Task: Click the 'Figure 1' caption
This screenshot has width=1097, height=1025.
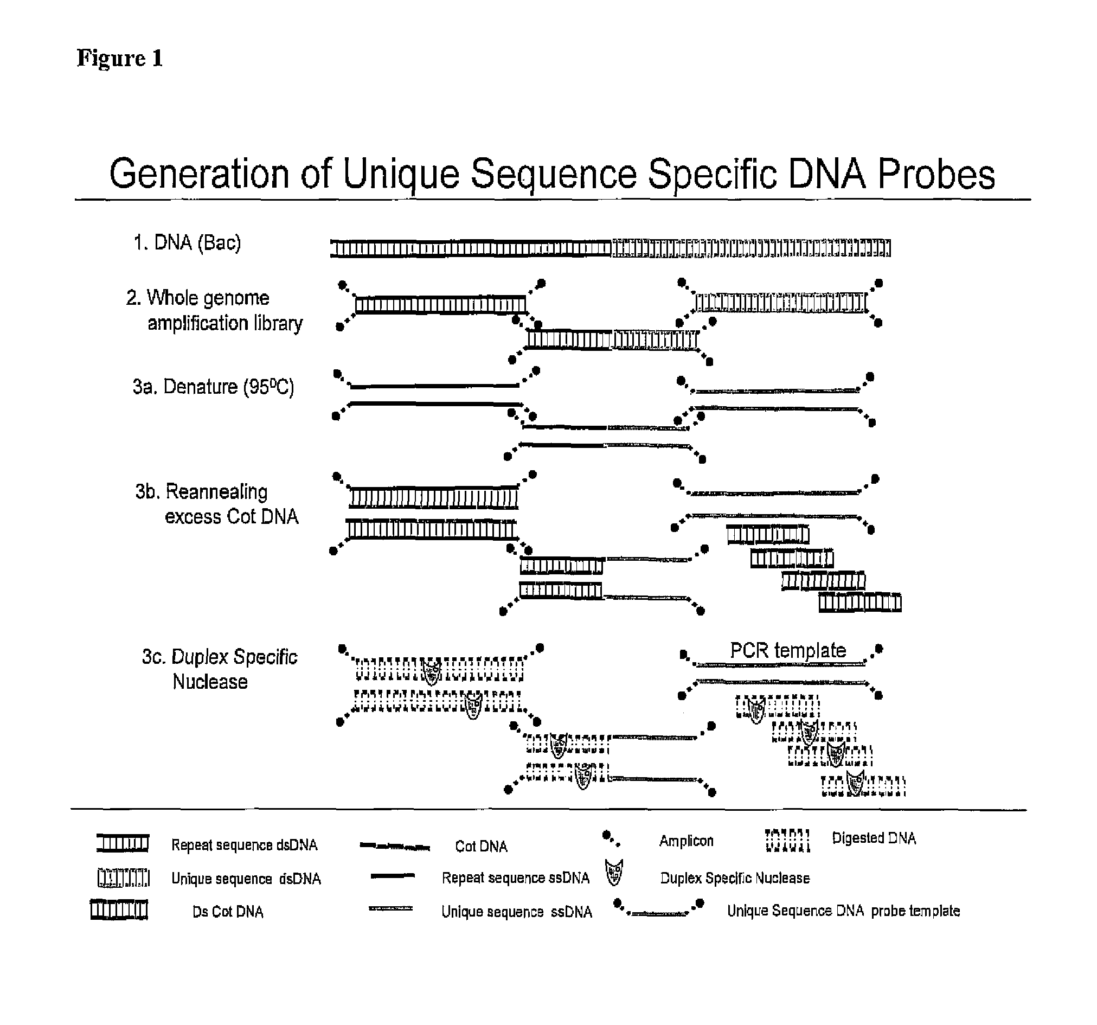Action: (120, 58)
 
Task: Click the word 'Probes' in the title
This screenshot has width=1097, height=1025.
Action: (936, 175)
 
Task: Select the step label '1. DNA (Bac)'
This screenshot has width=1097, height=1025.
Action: (187, 243)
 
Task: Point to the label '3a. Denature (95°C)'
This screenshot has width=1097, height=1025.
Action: (213, 387)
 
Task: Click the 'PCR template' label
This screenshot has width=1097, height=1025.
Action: (787, 650)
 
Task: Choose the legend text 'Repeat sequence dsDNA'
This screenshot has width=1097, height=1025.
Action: (244, 845)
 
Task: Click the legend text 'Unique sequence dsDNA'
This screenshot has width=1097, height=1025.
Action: (246, 879)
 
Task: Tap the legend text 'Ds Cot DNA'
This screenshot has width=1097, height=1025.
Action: (227, 912)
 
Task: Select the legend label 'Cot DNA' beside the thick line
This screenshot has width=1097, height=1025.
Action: (480, 846)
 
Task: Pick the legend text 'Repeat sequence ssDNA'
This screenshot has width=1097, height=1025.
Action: (515, 878)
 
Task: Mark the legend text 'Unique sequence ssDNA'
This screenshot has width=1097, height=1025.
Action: (516, 912)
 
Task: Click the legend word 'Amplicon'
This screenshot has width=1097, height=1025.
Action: (686, 841)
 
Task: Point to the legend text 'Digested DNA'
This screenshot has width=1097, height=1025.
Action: (874, 838)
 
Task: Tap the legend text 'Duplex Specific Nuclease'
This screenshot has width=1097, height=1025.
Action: (734, 878)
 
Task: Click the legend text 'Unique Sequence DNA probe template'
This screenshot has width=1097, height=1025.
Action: (843, 911)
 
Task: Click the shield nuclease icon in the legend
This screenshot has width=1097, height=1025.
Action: (614, 873)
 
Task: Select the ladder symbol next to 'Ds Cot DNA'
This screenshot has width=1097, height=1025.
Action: (119, 909)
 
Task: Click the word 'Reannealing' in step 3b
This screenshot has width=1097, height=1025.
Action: (216, 492)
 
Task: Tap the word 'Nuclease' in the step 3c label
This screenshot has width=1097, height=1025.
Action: (210, 682)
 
